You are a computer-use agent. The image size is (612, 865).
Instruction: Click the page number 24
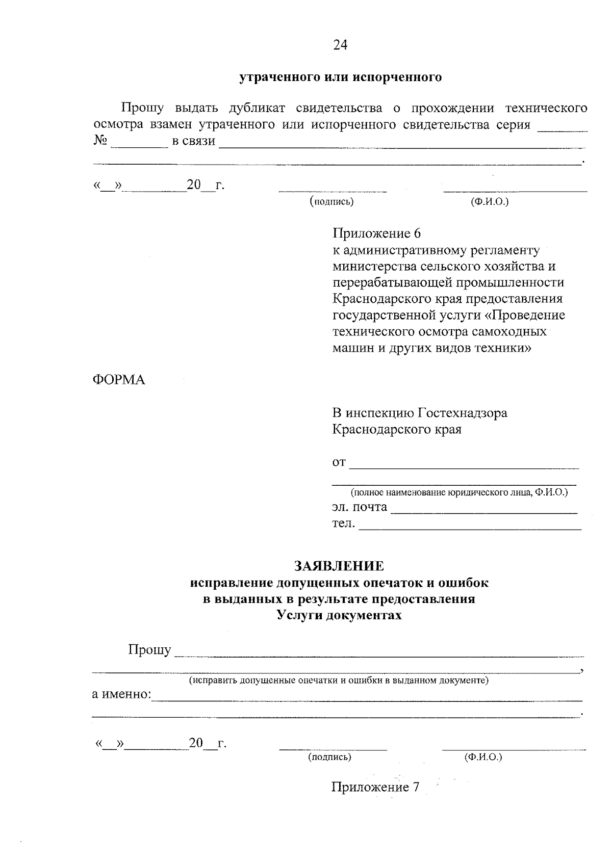click(340, 45)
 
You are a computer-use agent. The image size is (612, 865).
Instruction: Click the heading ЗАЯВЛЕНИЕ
click(339, 566)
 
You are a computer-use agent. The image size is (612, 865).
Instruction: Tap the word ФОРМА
click(118, 380)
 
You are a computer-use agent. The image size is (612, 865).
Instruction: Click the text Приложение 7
click(375, 787)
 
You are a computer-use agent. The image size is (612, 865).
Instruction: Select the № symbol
click(100, 141)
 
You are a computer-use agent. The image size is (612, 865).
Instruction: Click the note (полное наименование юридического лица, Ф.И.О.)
click(458, 492)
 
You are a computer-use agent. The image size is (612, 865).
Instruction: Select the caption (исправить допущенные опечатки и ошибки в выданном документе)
click(339, 680)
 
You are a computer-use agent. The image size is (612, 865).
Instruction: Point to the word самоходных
click(512, 331)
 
